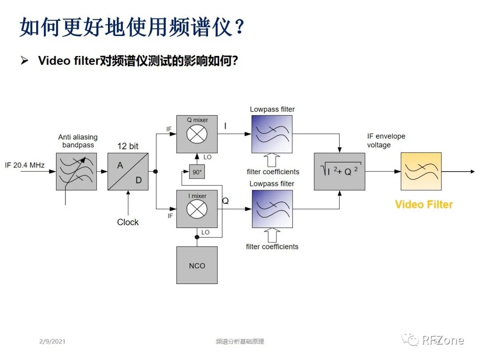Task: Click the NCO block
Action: pos(197,265)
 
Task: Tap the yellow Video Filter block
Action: pos(421,172)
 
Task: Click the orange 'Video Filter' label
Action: pos(424,204)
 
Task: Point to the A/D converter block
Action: pos(128,172)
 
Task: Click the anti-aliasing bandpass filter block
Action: pos(76,172)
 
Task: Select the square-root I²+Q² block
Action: pos(339,172)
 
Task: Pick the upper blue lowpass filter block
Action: pos(272,134)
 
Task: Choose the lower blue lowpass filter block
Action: pos(272,209)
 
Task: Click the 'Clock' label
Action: pos(128,222)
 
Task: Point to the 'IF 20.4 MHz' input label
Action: pos(25,165)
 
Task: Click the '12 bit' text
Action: pos(128,146)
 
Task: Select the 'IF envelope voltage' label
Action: pos(386,140)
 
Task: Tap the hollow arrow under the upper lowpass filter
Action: pos(272,160)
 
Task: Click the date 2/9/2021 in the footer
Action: pos(52,341)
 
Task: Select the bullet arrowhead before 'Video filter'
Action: pos(25,60)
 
